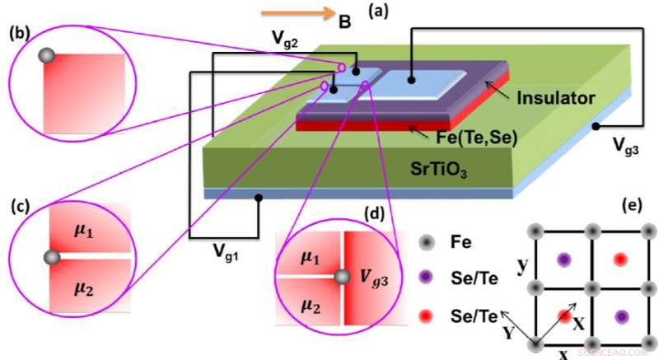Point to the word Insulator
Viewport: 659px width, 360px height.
coord(556,98)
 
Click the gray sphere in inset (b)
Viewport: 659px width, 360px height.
coord(48,56)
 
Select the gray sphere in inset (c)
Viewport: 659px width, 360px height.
coord(51,259)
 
